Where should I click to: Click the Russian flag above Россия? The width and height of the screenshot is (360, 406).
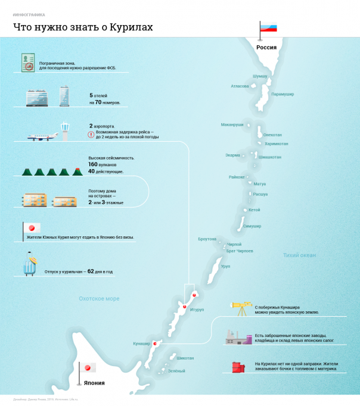point(269,27)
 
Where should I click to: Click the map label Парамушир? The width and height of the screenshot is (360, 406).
point(283,94)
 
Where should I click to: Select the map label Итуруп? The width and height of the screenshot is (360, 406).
point(197,310)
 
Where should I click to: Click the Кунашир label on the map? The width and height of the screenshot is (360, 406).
point(142,343)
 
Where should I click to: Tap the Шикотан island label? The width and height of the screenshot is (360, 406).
point(185,358)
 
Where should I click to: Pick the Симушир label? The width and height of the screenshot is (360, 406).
point(252,226)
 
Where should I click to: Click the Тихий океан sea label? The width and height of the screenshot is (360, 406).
point(299,255)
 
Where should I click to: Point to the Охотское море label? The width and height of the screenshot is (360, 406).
point(100,298)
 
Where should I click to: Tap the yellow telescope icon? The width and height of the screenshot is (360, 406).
point(242,307)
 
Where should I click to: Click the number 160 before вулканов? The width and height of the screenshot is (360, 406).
point(93,164)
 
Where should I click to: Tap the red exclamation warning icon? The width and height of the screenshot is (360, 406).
point(91,135)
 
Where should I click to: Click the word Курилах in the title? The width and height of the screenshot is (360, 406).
point(129,27)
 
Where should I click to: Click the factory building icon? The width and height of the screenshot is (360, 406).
point(237,338)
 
